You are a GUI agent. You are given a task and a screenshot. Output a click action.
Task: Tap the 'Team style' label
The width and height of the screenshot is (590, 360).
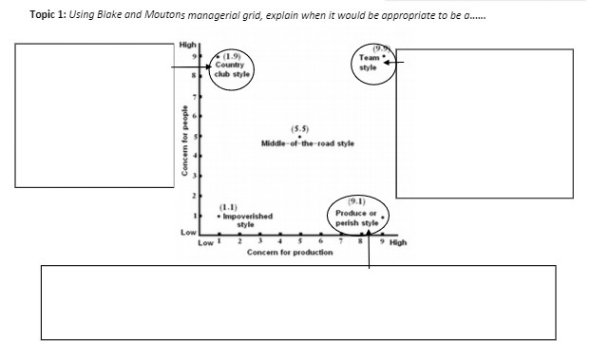click(369, 62)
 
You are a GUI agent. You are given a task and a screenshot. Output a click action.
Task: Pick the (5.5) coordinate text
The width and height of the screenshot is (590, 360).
click(300, 128)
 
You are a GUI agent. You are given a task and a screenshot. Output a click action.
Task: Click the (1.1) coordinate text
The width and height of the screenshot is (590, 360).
click(228, 206)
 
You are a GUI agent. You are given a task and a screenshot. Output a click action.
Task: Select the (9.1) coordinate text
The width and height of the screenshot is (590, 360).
click(356, 201)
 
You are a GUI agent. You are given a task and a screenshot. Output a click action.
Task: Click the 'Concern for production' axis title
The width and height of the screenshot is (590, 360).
click(290, 253)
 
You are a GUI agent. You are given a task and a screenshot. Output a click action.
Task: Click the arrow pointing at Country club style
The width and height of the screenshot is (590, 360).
click(190, 67)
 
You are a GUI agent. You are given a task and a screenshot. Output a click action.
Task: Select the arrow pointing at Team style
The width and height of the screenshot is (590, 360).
click(399, 63)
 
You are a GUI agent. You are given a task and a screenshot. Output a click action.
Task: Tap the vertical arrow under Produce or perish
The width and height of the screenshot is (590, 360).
click(368, 249)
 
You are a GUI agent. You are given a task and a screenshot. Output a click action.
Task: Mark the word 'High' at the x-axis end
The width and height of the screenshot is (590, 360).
click(397, 242)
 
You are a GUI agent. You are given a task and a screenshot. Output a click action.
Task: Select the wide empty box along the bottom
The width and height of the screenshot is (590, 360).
click(298, 301)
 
